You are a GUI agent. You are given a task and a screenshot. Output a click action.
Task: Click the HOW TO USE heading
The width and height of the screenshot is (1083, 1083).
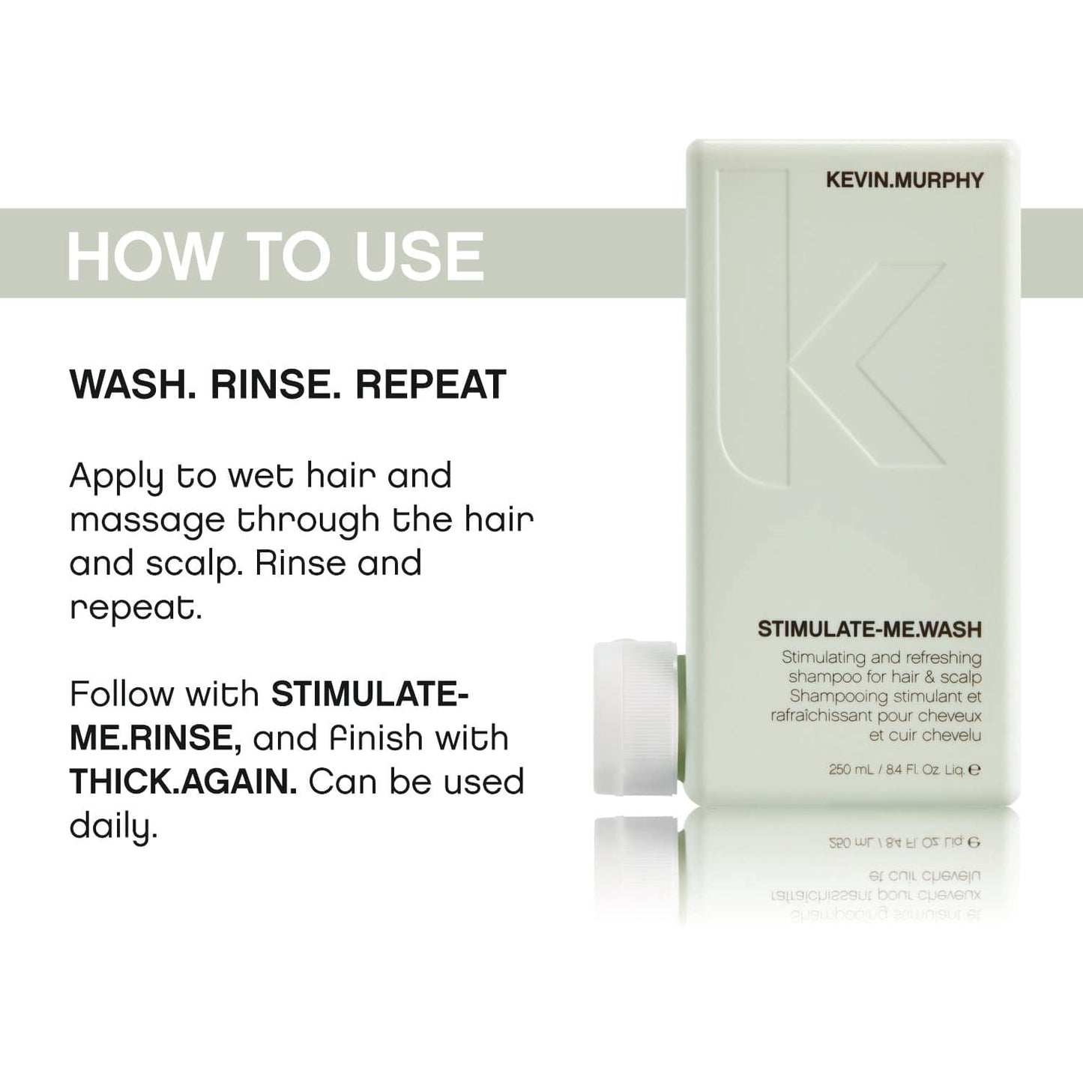click(275, 256)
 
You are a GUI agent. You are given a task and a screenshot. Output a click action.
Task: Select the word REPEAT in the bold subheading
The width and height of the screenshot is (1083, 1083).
click(430, 384)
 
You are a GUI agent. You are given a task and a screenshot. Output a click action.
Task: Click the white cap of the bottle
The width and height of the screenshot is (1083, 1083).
click(636, 717)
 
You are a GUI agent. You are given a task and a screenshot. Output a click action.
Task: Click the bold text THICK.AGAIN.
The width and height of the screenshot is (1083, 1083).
click(183, 782)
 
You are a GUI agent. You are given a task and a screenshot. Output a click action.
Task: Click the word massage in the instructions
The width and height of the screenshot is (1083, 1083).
click(147, 520)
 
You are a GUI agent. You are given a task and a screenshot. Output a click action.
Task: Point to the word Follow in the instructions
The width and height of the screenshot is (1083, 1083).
click(121, 694)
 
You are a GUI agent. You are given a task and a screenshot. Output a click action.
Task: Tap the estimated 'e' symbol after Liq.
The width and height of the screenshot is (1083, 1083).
click(975, 769)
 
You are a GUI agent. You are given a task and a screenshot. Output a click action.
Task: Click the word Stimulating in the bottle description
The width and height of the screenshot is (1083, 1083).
click(822, 657)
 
